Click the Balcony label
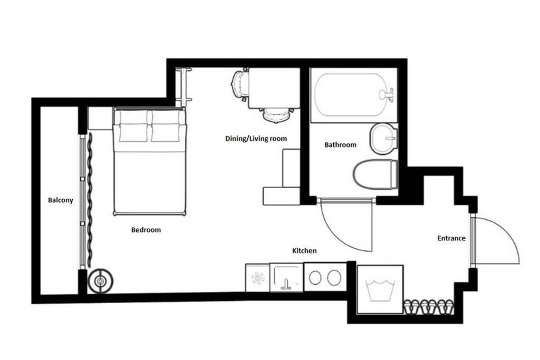61,200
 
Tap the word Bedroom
146,230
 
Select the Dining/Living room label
256,138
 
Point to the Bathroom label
340,144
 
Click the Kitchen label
304,250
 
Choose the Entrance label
451,238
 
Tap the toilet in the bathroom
375,174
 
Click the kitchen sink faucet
286,284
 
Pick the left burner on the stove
315,278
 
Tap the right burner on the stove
334,278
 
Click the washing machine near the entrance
380,289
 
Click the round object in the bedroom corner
100,281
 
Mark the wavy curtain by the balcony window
90,200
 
